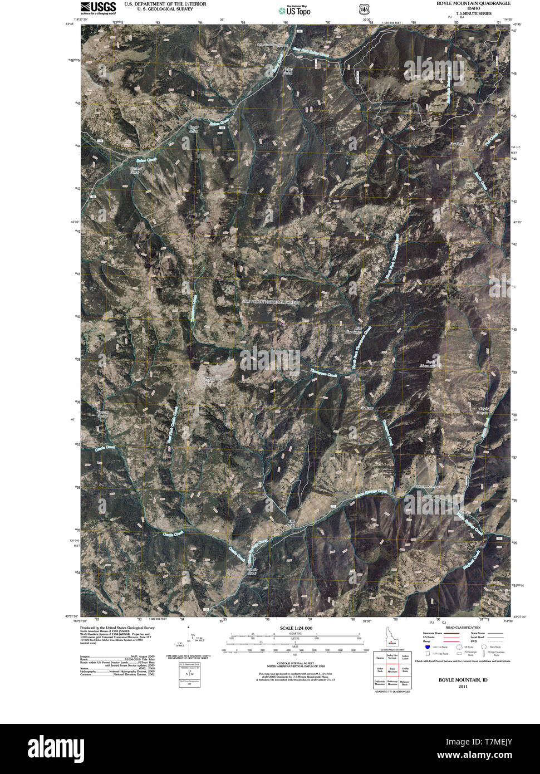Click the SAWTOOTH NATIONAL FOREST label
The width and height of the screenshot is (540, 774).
[271, 302]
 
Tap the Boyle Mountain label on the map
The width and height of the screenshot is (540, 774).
[427, 364]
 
